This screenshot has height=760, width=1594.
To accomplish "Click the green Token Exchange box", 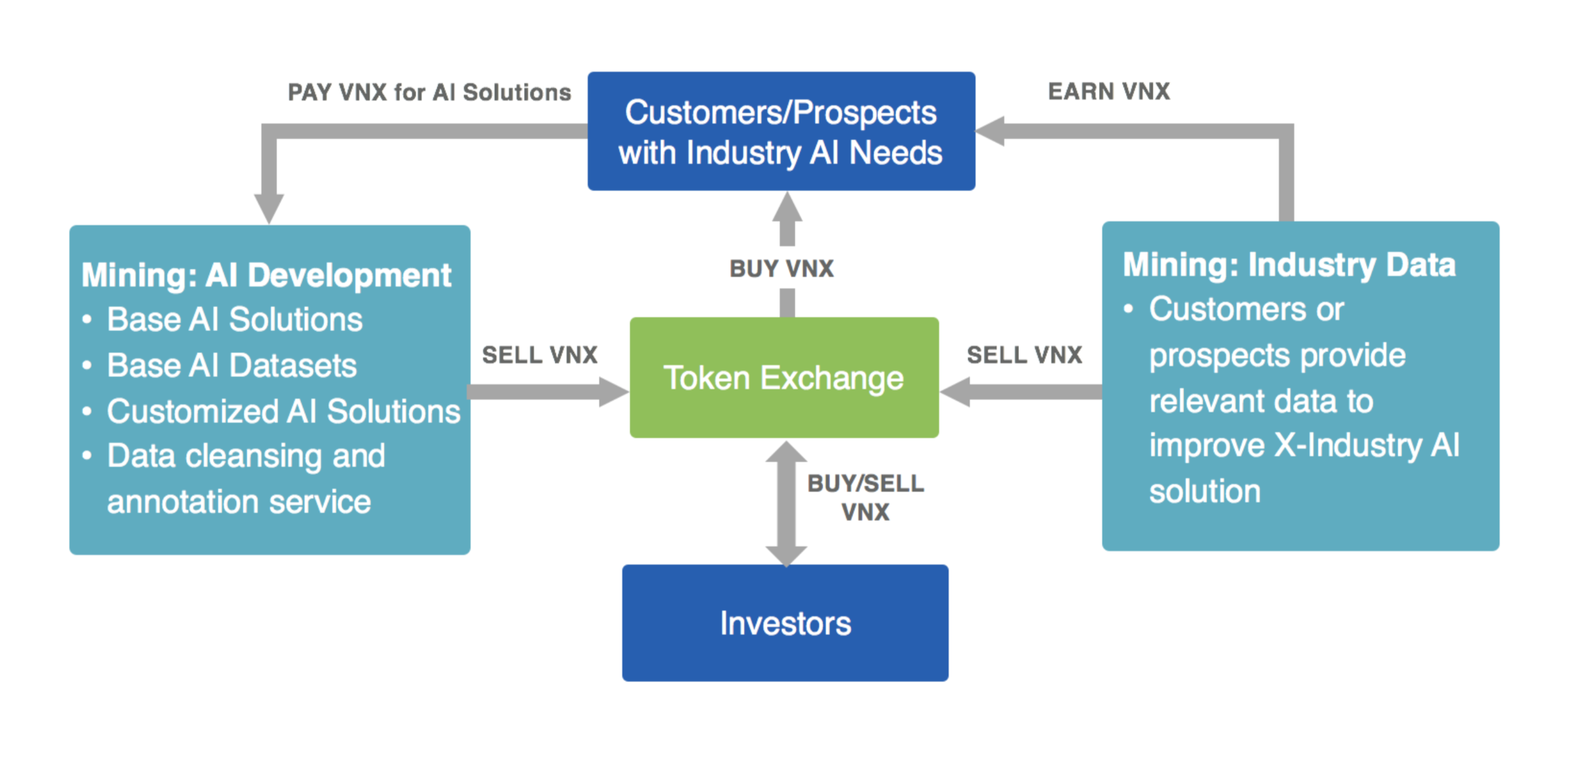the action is (784, 377).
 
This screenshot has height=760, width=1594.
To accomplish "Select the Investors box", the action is (785, 623).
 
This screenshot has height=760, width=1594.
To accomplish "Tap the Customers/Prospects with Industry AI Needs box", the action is (781, 131).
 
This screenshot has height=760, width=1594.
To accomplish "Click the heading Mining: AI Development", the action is (266, 276).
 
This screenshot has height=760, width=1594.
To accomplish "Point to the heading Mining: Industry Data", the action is (1289, 265).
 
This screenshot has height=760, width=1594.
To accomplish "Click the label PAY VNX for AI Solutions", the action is (429, 92).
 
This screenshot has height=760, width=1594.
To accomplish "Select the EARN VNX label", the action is (1109, 91).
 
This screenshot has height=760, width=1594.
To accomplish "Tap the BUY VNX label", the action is (782, 268).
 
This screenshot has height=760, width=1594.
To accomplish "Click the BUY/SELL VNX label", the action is (865, 498).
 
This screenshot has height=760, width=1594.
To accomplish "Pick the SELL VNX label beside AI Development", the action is (539, 355).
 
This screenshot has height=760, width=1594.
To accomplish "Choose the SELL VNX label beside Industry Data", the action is (1025, 355).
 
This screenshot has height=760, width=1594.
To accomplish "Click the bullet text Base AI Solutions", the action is (235, 319).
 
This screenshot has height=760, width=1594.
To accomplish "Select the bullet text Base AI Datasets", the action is (231, 365).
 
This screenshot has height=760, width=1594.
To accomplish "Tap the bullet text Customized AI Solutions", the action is (284, 411).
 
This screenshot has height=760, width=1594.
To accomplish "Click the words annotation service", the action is (239, 502).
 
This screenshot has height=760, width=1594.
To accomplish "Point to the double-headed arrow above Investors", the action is (786, 504).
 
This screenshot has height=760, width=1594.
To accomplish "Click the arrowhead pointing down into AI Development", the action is (269, 208).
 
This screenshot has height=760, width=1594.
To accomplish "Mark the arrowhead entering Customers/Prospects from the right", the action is (990, 131).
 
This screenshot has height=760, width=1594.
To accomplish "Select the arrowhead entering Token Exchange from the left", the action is (614, 391).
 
